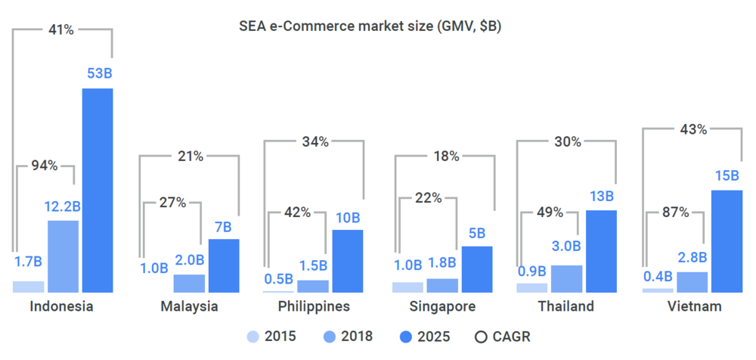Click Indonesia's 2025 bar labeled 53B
[98, 190]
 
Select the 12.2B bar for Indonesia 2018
[63, 256]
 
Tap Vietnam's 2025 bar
[727, 241]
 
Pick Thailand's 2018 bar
[566, 278]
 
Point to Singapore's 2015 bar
[407, 287]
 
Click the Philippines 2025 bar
[347, 261]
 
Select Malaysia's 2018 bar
[189, 283]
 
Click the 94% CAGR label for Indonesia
[45, 166]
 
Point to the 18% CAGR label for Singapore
[446, 157]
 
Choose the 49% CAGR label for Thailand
[550, 213]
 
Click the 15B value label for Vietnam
[727, 176]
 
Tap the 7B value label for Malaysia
[224, 226]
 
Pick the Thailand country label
[565, 306]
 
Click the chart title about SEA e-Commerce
[370, 26]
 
